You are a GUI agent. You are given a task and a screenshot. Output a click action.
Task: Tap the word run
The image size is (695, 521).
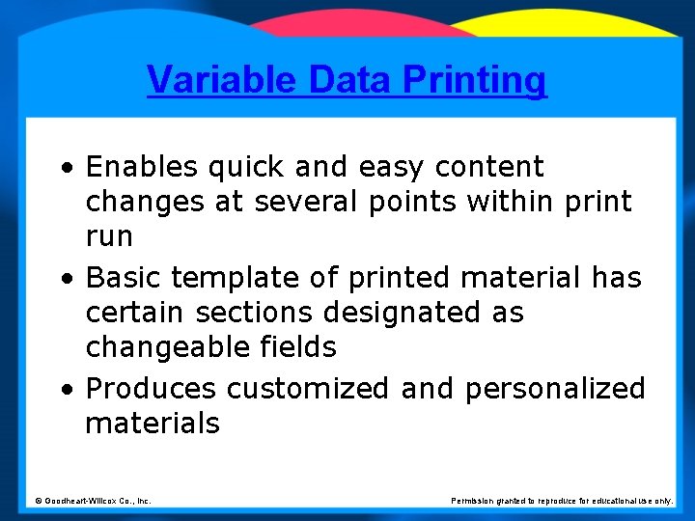pyautogui.click(x=109, y=236)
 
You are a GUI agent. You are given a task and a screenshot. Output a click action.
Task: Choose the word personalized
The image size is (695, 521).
pyautogui.click(x=555, y=389)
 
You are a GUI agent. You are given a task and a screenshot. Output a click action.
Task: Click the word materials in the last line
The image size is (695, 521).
pyautogui.click(x=153, y=423)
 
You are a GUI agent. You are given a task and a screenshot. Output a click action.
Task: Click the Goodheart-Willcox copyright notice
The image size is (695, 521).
pyautogui.click(x=93, y=501)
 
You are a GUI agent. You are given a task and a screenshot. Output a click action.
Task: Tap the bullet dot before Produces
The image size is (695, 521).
pyautogui.click(x=65, y=390)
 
